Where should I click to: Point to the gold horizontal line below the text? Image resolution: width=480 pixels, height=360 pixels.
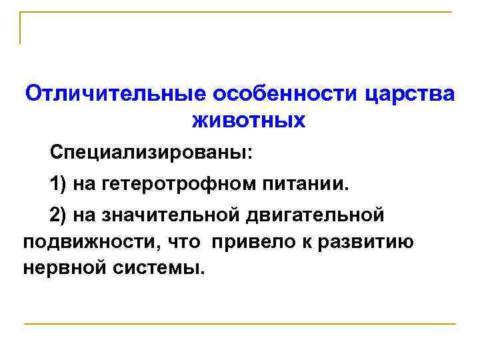click(240, 324)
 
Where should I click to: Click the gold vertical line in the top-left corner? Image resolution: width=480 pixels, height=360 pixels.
click(20, 28)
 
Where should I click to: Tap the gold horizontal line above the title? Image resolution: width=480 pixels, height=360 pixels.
click(240, 12)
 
